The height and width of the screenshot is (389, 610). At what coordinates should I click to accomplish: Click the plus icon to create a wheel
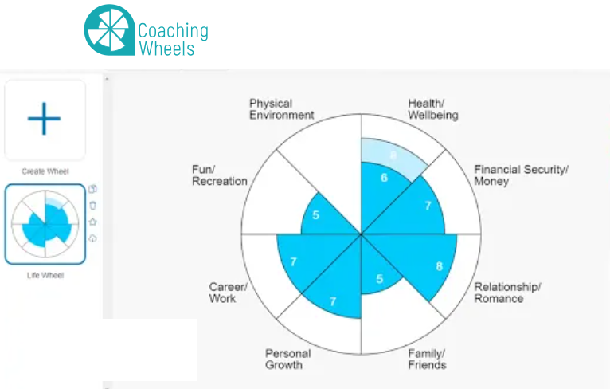[44, 119]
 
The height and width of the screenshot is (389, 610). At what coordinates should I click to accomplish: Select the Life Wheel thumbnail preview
[45, 225]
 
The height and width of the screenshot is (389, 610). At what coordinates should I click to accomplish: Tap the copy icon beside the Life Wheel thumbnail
[93, 189]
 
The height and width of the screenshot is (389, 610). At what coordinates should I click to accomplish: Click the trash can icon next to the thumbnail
[93, 206]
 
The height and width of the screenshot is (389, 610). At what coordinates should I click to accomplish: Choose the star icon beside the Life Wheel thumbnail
[93, 222]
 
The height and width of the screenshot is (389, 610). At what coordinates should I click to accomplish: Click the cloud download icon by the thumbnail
[93, 238]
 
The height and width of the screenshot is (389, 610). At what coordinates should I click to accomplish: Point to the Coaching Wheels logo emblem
[109, 31]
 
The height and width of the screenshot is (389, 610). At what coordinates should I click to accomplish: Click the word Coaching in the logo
[173, 31]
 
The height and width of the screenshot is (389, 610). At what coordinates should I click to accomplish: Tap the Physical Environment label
[281, 109]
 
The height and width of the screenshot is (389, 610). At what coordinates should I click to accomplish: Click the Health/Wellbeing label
[432, 109]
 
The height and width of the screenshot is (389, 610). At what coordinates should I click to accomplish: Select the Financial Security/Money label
[521, 175]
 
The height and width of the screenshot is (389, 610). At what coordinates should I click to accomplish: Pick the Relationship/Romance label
[507, 293]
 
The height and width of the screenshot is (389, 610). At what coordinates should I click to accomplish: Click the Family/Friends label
[427, 359]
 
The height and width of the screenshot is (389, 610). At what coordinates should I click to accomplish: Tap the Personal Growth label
[287, 359]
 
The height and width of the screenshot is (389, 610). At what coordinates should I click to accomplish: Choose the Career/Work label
[228, 293]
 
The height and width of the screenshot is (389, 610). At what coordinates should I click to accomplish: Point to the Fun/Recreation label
[219, 175]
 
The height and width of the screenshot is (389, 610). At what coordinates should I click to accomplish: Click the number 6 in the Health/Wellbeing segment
[384, 178]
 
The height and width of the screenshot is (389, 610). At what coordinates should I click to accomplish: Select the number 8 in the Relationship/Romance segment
[439, 266]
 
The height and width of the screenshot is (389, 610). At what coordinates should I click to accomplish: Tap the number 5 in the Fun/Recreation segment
[316, 215]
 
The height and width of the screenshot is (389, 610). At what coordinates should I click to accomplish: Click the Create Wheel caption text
[45, 171]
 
